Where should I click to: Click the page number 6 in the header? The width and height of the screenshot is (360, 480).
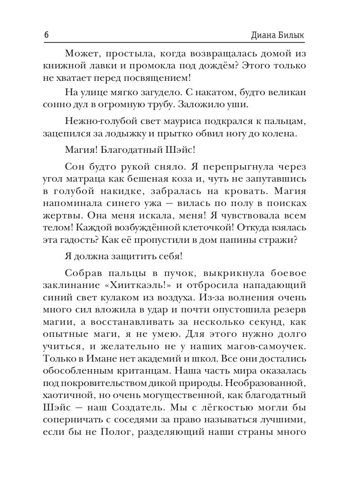coord(46,35)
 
